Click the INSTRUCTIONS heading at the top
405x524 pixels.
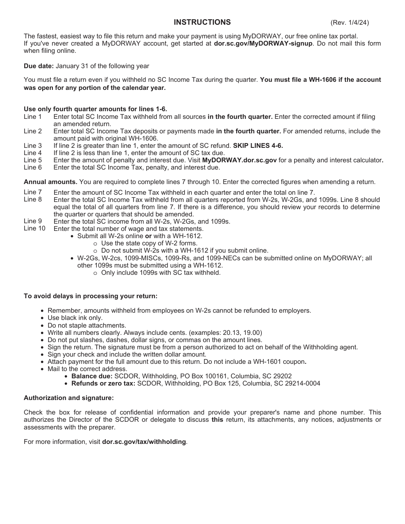202,22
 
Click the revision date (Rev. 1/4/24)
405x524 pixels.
349,23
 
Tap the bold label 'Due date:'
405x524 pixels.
39,66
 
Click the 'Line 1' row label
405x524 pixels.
33,117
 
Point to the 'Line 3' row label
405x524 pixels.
33,146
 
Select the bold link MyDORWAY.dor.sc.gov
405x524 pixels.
239,160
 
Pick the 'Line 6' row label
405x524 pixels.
33,167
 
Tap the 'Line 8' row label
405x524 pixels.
33,199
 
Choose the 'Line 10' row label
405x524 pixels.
35,229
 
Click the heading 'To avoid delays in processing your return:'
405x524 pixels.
90,296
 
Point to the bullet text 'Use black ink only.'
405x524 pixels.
75,318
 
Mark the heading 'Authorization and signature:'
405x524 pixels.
69,398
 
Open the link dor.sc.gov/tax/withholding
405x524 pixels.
144,442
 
